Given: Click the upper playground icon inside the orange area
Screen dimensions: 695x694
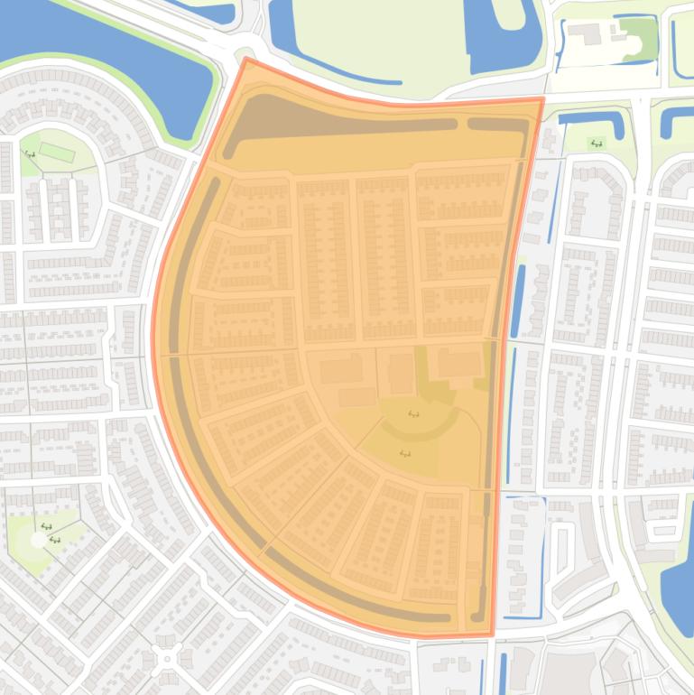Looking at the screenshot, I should pyautogui.click(x=414, y=413).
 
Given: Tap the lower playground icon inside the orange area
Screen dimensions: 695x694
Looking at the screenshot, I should pyautogui.click(x=404, y=452).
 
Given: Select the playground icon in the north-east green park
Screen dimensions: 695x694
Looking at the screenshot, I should pyautogui.click(x=596, y=143).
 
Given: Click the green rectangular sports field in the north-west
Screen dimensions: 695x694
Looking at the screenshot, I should pyautogui.click(x=57, y=152).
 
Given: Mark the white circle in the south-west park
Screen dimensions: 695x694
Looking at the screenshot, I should pyautogui.click(x=37, y=539).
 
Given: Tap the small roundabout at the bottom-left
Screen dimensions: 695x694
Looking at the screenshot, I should pyautogui.click(x=167, y=659).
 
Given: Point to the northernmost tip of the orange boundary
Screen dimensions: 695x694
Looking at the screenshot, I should pyautogui.click(x=245, y=59).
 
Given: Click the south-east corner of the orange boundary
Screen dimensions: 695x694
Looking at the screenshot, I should pyautogui.click(x=492, y=635).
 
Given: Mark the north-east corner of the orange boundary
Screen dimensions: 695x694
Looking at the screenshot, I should pyautogui.click(x=543, y=98).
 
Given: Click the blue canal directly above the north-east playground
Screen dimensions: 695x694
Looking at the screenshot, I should pyautogui.click(x=592, y=118).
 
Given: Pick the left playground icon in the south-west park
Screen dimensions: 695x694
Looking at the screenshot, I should pyautogui.click(x=45, y=526).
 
